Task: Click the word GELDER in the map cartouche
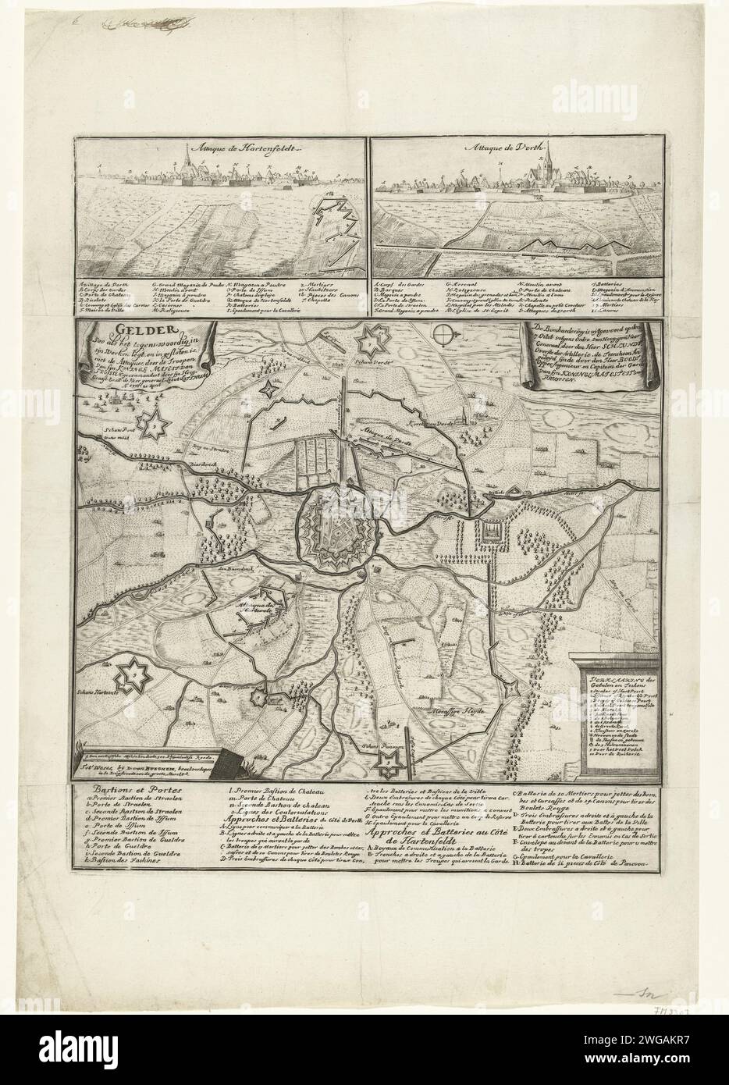click(114, 330)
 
